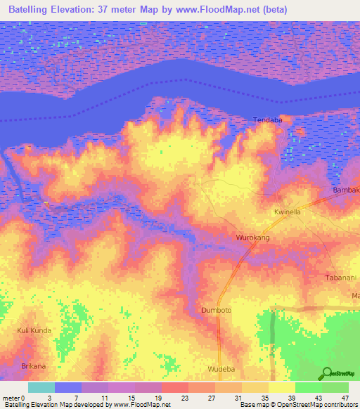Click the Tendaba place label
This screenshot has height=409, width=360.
(267, 120)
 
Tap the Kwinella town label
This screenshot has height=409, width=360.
(287, 212)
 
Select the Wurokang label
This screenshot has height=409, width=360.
(253, 238)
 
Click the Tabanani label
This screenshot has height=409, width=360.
(342, 278)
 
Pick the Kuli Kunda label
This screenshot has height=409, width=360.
(35, 330)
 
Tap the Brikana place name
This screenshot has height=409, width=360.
(33, 366)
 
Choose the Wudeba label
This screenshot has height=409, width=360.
(221, 369)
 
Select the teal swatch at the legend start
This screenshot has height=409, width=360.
(41, 387)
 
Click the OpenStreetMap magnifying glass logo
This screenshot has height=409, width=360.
(327, 373)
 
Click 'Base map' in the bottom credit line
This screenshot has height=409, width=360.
(255, 405)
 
